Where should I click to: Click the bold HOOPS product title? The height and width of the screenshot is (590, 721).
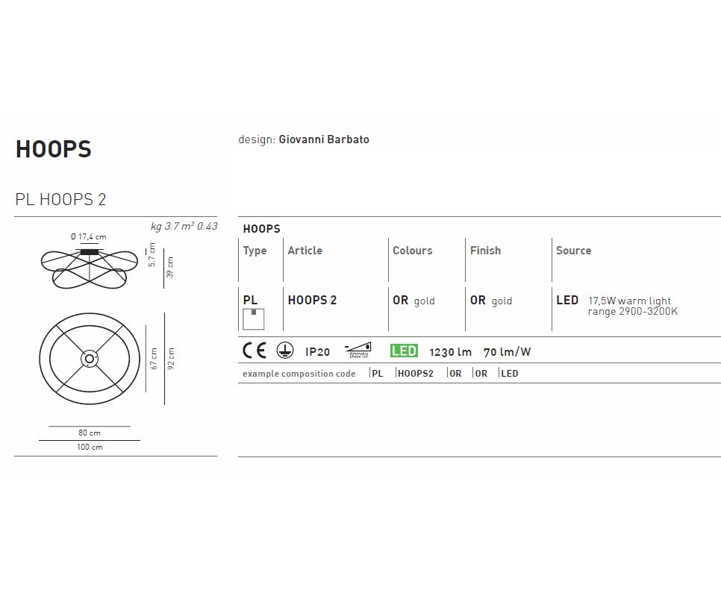click(x=54, y=149)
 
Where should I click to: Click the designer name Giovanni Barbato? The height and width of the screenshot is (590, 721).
click(x=324, y=139)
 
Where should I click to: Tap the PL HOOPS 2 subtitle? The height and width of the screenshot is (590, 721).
click(x=60, y=199)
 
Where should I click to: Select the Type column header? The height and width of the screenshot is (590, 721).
click(x=255, y=251)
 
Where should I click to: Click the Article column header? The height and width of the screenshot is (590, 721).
click(x=305, y=251)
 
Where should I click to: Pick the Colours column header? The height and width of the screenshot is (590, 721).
click(x=413, y=251)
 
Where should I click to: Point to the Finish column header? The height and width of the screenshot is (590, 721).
click(x=485, y=251)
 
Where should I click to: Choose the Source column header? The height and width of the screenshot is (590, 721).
click(x=573, y=251)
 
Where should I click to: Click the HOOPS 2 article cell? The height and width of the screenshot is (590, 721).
click(x=312, y=300)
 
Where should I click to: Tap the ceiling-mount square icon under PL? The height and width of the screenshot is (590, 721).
click(x=253, y=319)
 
